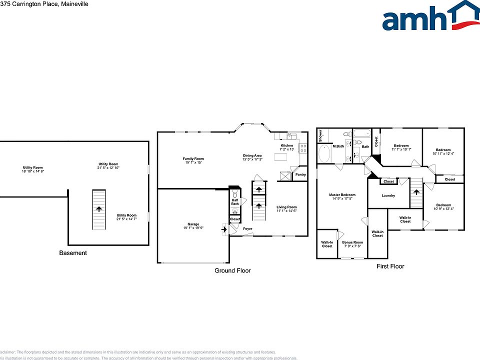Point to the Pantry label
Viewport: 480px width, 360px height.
pyautogui.click(x=300, y=174)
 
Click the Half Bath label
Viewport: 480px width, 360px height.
pyautogui.click(x=235, y=201)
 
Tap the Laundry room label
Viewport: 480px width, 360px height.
pyautogui.click(x=388, y=195)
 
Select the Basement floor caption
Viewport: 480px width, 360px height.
pyautogui.click(x=73, y=253)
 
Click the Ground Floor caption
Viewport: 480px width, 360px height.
pyautogui.click(x=232, y=270)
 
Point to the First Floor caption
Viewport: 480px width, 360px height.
pyautogui.click(x=390, y=266)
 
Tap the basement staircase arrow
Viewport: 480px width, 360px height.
pyautogui.click(x=99, y=209)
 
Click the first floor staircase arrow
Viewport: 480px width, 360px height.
pyautogui.click(x=416, y=192)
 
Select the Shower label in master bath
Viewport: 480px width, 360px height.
pyautogui.click(x=320, y=135)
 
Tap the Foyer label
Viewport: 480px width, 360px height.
pyautogui.click(x=248, y=228)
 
